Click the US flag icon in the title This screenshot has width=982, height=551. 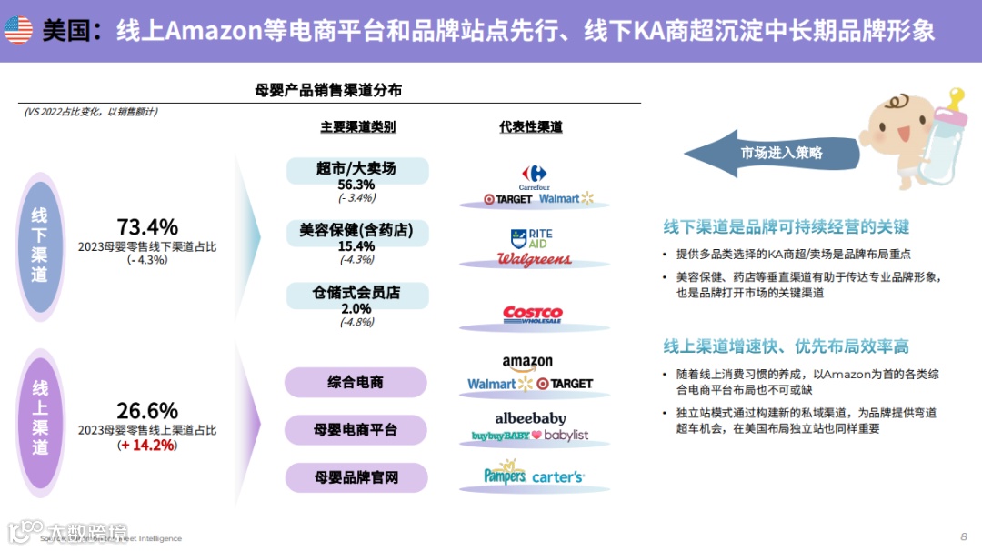click(x=18, y=31)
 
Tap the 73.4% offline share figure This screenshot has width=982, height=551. click(x=147, y=227)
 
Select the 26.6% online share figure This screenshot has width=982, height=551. click(x=147, y=411)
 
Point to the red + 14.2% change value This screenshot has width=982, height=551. click(x=147, y=446)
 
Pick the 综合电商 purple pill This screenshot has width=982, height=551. click(x=356, y=382)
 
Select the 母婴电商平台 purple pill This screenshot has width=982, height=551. click(x=356, y=429)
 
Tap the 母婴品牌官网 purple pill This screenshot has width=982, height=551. click(x=356, y=476)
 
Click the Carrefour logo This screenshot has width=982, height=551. click(x=534, y=176)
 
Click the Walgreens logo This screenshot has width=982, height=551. click(x=534, y=260)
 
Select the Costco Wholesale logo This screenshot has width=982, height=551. click(x=533, y=315)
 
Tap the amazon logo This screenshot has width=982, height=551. click(x=527, y=364)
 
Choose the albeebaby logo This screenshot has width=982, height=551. click(x=530, y=418)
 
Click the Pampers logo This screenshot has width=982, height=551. click(x=505, y=474)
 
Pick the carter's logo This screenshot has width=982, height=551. click(x=558, y=476)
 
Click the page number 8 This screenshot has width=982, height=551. click(x=964, y=536)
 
